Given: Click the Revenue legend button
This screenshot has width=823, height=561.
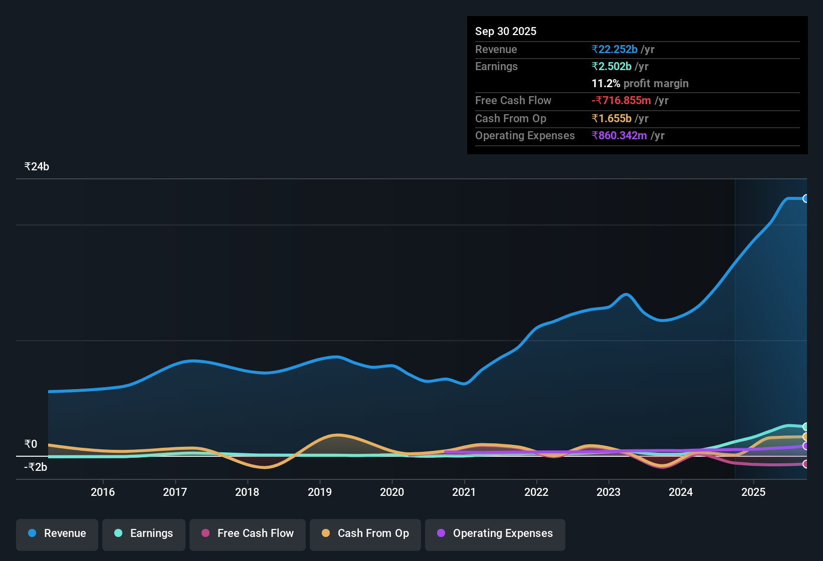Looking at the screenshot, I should pyautogui.click(x=57, y=533).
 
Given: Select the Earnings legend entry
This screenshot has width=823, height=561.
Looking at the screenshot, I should pyautogui.click(x=143, y=533).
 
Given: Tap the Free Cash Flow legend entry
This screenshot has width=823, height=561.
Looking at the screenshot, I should pyautogui.click(x=248, y=533).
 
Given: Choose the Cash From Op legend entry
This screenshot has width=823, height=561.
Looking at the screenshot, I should pyautogui.click(x=365, y=533).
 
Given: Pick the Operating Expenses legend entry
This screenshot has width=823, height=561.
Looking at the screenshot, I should pyautogui.click(x=495, y=533).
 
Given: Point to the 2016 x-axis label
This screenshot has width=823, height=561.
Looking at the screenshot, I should pyautogui.click(x=103, y=492).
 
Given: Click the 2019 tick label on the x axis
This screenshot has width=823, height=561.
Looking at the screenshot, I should pyautogui.click(x=320, y=492).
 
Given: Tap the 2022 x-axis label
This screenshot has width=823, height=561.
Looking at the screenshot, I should pyautogui.click(x=536, y=492).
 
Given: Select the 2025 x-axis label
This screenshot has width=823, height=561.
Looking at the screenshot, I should pyautogui.click(x=753, y=492).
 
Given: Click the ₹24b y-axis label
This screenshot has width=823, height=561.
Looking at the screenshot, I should pyautogui.click(x=37, y=167).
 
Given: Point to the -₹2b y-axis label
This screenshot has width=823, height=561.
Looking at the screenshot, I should pyautogui.click(x=36, y=467).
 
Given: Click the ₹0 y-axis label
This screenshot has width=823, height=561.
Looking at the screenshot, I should pyautogui.click(x=31, y=444).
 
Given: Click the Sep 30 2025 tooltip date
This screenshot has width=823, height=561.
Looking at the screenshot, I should pyautogui.click(x=505, y=31).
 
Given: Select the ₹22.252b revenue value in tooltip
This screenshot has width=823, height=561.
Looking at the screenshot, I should pyautogui.click(x=614, y=49).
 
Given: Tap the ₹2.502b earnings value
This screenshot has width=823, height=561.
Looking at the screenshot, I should pyautogui.click(x=611, y=66).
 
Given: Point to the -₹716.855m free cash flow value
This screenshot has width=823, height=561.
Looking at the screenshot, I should pyautogui.click(x=621, y=100).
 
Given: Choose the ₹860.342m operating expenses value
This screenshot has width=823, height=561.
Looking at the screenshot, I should pyautogui.click(x=619, y=135).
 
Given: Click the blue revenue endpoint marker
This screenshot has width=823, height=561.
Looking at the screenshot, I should pyautogui.click(x=805, y=198).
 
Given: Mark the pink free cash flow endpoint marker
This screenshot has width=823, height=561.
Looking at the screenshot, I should pyautogui.click(x=805, y=464).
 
